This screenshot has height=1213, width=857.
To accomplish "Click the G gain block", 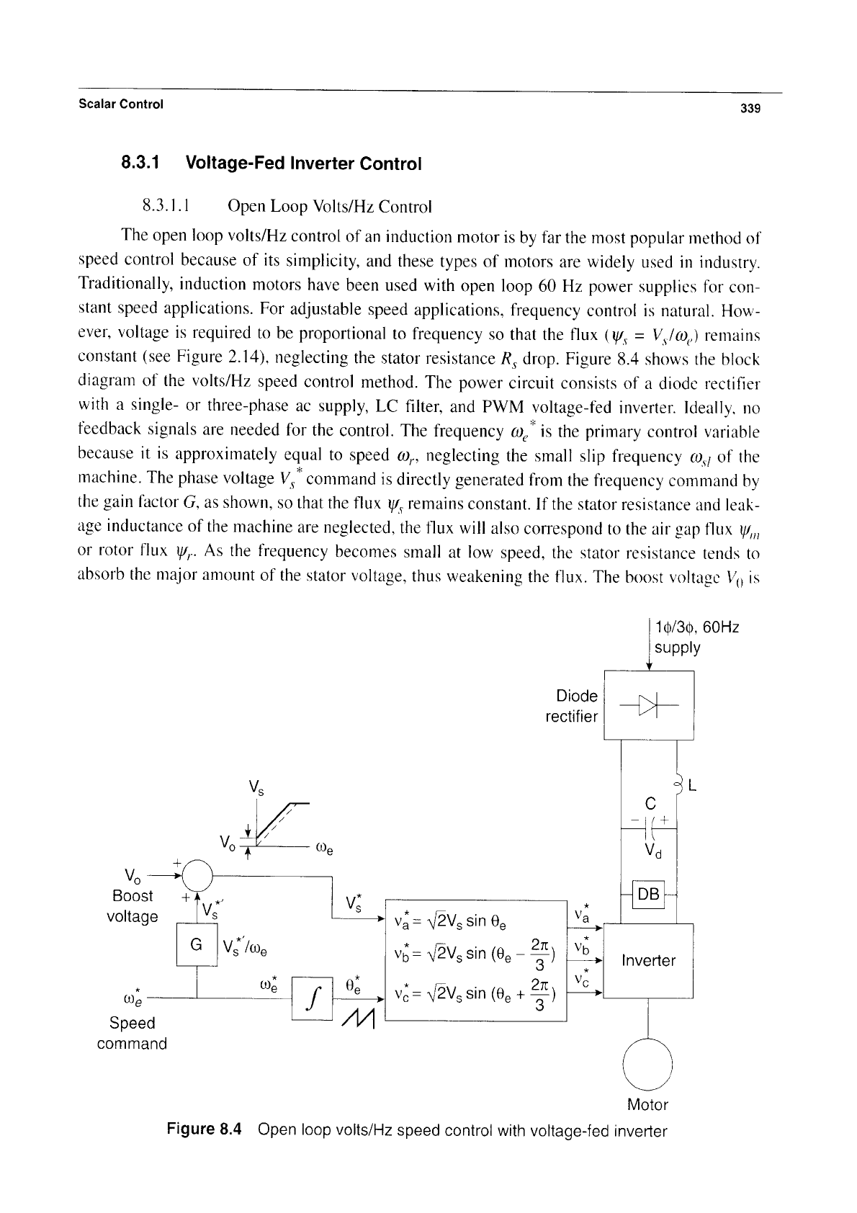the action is [197, 944].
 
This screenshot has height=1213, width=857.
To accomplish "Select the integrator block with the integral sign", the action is [312, 998].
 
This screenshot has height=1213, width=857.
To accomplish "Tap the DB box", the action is [649, 894].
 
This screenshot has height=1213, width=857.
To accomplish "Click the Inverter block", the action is [648, 961].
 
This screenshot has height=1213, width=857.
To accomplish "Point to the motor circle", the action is [647, 1064].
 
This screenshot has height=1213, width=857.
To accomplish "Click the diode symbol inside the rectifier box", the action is [649, 705].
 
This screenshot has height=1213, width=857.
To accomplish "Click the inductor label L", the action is [692, 785].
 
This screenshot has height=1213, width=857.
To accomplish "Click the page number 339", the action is [750, 108].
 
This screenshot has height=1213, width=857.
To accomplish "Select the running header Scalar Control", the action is [121, 104].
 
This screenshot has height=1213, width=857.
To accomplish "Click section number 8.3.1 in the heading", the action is [140, 163].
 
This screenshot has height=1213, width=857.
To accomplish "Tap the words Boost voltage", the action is [132, 906].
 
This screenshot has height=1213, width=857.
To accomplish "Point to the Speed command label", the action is [132, 1033].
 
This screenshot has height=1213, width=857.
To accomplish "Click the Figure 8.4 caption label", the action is [204, 1129].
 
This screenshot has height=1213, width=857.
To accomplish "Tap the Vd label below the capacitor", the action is [653, 852].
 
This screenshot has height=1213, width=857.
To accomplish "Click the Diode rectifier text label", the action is [572, 706].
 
